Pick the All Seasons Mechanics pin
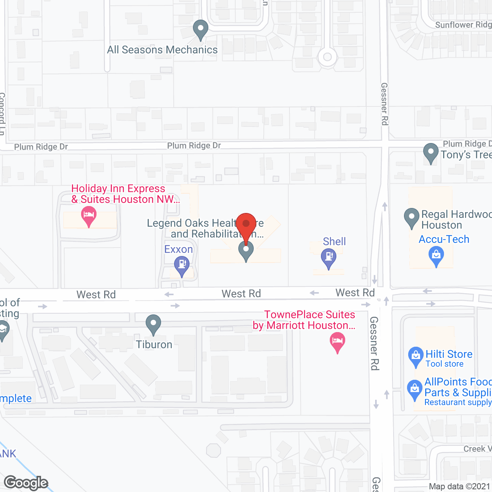[200, 29]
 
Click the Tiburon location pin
[153, 324]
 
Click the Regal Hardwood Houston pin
[412, 218]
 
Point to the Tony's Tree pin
[431, 153]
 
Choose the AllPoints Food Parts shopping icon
[415, 389]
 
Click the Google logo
[26, 483]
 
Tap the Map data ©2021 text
[459, 486]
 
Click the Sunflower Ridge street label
[463, 25]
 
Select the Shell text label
[334, 241]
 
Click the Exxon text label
[178, 249]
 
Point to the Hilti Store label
[449, 354]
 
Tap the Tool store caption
[444, 364]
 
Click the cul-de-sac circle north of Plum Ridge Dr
[327, 57]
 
